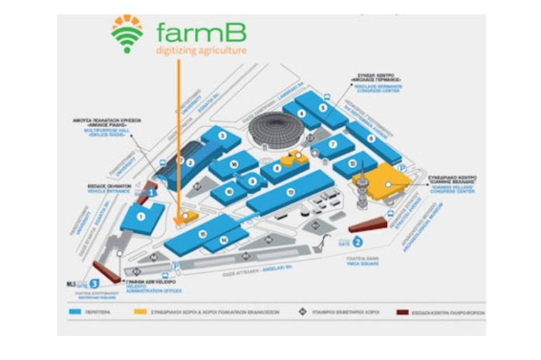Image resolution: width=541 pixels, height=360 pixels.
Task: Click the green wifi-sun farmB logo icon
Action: click(x=127, y=33)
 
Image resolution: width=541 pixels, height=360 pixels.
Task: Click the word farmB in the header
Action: click(x=201, y=33)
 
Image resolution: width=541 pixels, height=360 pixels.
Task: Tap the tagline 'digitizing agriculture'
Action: click(x=201, y=51)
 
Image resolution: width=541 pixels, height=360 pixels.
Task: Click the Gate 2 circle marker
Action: click(x=359, y=241)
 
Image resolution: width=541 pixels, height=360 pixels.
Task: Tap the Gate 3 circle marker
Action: click(x=94, y=285)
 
